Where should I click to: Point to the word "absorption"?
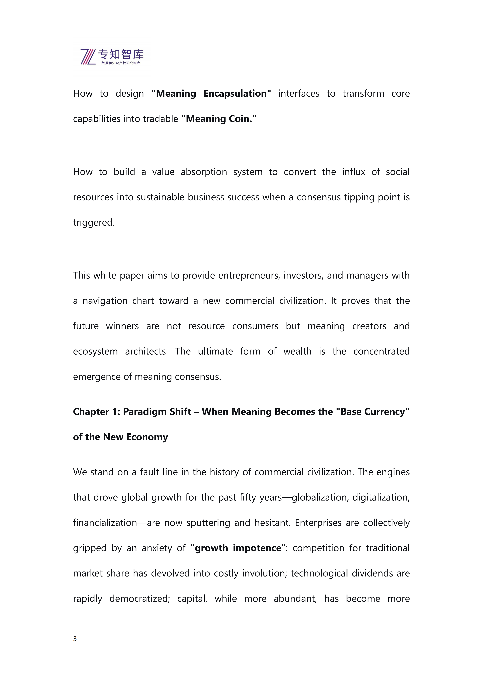click(x=204, y=172)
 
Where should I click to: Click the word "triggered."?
click(x=94, y=223)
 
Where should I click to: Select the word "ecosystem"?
click(x=95, y=351)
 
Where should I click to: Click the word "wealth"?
click(x=297, y=351)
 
